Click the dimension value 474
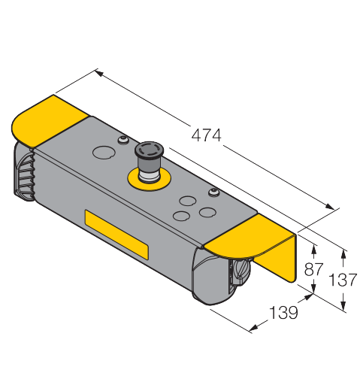(x=206, y=135)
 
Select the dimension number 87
(x=313, y=269)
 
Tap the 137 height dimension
(x=343, y=280)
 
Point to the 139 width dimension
(x=283, y=313)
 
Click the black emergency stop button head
(x=149, y=151)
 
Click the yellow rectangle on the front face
(x=116, y=235)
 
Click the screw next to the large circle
(x=123, y=140)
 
